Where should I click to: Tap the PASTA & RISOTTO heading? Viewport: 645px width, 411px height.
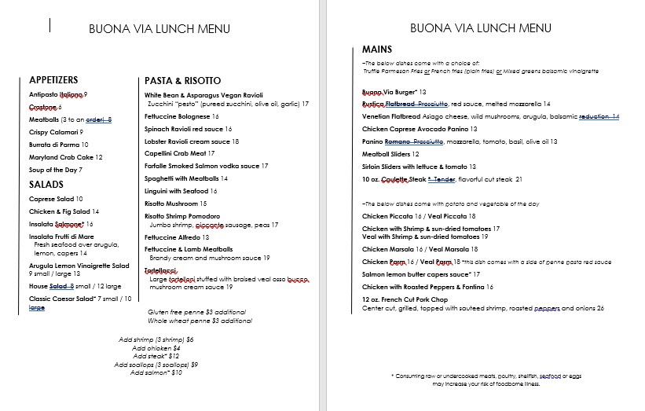tap(182, 81)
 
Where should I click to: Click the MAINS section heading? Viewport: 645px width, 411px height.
tap(377, 50)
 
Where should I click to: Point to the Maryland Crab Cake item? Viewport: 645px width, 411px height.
tap(66, 157)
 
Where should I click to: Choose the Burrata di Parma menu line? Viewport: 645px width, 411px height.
tap(58, 145)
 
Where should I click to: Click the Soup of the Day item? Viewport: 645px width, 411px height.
tap(56, 170)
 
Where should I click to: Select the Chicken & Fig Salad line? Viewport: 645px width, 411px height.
tap(64, 211)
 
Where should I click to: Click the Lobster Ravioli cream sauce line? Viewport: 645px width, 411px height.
tap(192, 141)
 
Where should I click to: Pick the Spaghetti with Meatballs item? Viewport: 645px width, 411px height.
tap(186, 178)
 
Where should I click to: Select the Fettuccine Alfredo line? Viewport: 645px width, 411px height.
tap(177, 237)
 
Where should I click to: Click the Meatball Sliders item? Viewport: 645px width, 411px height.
tap(390, 154)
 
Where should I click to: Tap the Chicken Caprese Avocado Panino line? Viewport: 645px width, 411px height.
tap(420, 129)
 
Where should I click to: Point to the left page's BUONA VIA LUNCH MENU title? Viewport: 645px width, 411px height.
tap(159, 29)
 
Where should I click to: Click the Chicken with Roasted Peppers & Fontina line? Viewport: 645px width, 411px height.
tap(427, 287)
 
